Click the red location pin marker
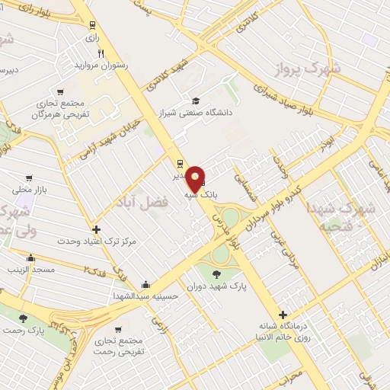coord(196,177)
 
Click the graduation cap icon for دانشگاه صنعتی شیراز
coord(196,101)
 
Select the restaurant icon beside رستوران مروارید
coord(101,53)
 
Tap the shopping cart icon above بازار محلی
coord(29,177)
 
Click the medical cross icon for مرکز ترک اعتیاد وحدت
coord(96,229)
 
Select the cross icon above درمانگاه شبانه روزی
coord(283,314)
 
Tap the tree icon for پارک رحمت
coord(22,318)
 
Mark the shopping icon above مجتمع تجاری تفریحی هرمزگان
coord(61,88)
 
